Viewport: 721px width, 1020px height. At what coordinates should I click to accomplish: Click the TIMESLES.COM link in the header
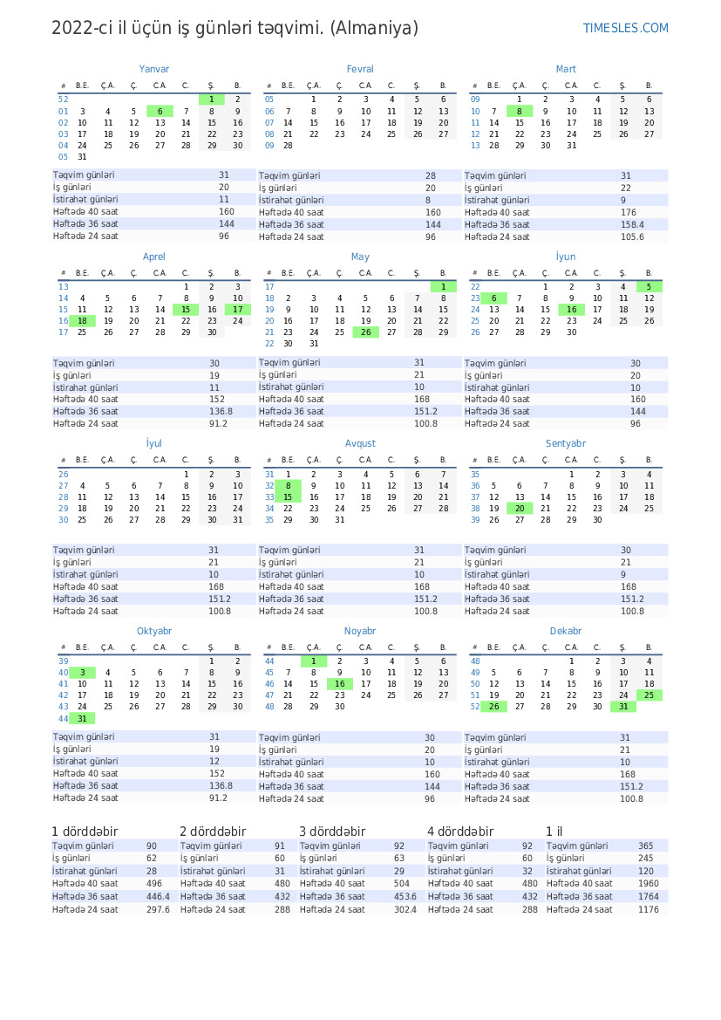point(625,29)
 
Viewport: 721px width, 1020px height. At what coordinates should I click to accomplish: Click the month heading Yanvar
point(153,69)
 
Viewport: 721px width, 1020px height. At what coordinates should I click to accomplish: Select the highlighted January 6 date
point(160,112)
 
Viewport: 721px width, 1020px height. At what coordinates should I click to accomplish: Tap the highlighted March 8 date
point(520,112)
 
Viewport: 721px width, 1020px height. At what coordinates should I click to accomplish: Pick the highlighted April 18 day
point(82,321)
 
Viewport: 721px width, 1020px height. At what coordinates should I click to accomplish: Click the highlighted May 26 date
point(366,332)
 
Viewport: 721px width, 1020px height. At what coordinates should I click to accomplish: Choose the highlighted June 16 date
point(571,310)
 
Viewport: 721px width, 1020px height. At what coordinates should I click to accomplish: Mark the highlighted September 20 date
point(520,509)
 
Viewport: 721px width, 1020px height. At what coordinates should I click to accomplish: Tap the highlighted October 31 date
point(82,718)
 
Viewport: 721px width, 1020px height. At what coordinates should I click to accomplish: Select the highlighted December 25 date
point(649,695)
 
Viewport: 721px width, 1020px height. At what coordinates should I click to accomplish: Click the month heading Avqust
point(360,443)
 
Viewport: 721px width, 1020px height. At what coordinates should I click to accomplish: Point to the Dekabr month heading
point(566,631)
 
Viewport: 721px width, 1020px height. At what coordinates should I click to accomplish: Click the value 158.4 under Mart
point(632,224)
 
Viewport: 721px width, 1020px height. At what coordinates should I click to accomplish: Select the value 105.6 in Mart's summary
point(632,236)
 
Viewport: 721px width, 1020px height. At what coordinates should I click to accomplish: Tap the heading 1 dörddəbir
point(85,832)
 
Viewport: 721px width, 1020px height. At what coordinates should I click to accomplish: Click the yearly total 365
point(645,846)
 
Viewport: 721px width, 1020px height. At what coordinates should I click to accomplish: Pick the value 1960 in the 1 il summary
point(648,883)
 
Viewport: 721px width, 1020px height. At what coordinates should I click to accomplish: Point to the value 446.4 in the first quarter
point(158,896)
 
